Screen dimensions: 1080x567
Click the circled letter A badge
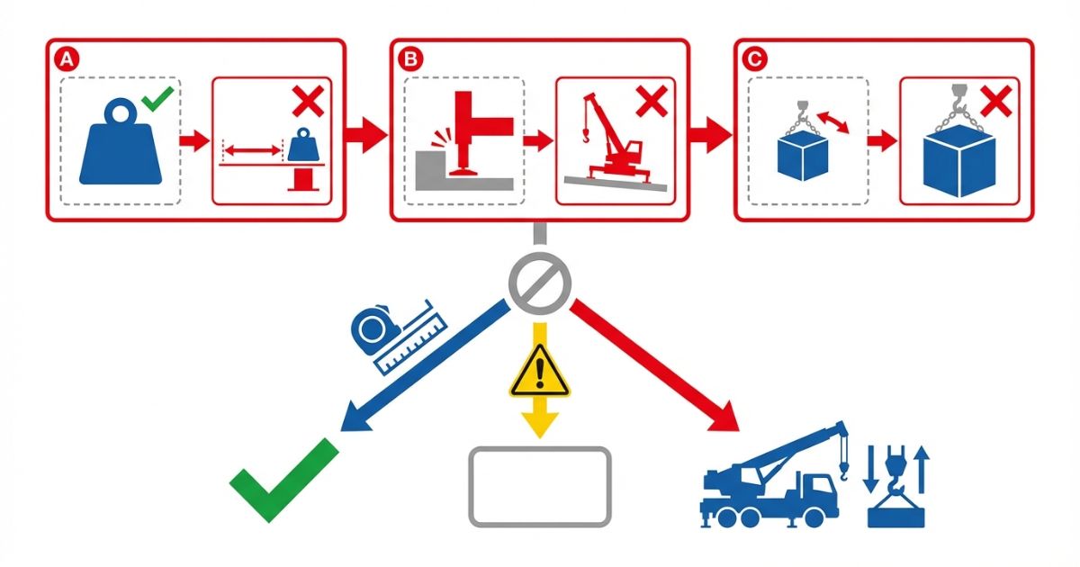[67, 59]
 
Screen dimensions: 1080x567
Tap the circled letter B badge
[410, 59]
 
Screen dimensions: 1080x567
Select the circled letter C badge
[754, 59]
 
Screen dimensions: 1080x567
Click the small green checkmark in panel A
[157, 99]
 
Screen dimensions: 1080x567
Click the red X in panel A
[308, 101]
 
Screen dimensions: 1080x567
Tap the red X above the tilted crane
[652, 101]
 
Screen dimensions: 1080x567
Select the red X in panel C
[996, 101]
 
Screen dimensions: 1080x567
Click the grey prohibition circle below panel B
[540, 283]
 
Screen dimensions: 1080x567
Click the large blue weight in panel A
[121, 142]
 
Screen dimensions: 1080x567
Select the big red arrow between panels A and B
[366, 135]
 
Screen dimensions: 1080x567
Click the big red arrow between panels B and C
[711, 135]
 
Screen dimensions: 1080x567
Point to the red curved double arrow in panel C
[832, 122]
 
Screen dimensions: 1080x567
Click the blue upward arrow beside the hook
[922, 470]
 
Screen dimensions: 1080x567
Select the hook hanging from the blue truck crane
[843, 471]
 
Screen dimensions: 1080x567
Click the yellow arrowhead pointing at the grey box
[540, 425]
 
